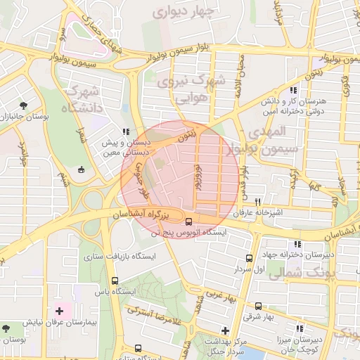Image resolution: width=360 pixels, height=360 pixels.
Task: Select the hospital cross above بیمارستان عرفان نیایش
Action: click(x=59, y=310)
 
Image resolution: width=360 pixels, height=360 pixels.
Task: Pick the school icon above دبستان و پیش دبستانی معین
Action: click(x=125, y=131)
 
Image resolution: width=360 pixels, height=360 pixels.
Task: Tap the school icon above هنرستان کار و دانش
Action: click(x=293, y=89)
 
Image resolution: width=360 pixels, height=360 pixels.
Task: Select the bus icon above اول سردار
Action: click(x=249, y=258)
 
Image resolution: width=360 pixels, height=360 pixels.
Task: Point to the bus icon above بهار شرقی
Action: click(x=258, y=306)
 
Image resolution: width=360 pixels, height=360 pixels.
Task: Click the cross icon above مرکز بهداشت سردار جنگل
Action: click(x=225, y=330)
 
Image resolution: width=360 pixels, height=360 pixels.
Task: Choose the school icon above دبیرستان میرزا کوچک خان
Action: click(x=300, y=329)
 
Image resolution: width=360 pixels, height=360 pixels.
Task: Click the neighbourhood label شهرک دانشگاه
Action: click(x=82, y=100)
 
